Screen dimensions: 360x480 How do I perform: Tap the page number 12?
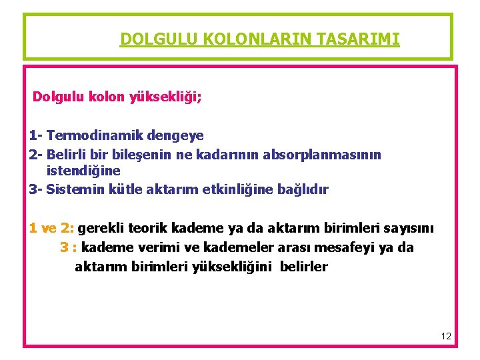point(446,337)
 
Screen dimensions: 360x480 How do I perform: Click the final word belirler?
point(304,267)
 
